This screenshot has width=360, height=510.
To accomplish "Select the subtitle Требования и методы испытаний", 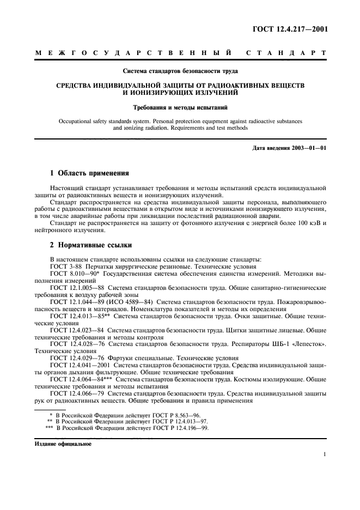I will pyautogui.click(x=180, y=108).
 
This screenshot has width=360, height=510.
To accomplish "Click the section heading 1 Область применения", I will pyautogui.click(x=89, y=174).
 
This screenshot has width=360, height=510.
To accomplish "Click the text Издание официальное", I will pyautogui.click(x=63, y=444).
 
